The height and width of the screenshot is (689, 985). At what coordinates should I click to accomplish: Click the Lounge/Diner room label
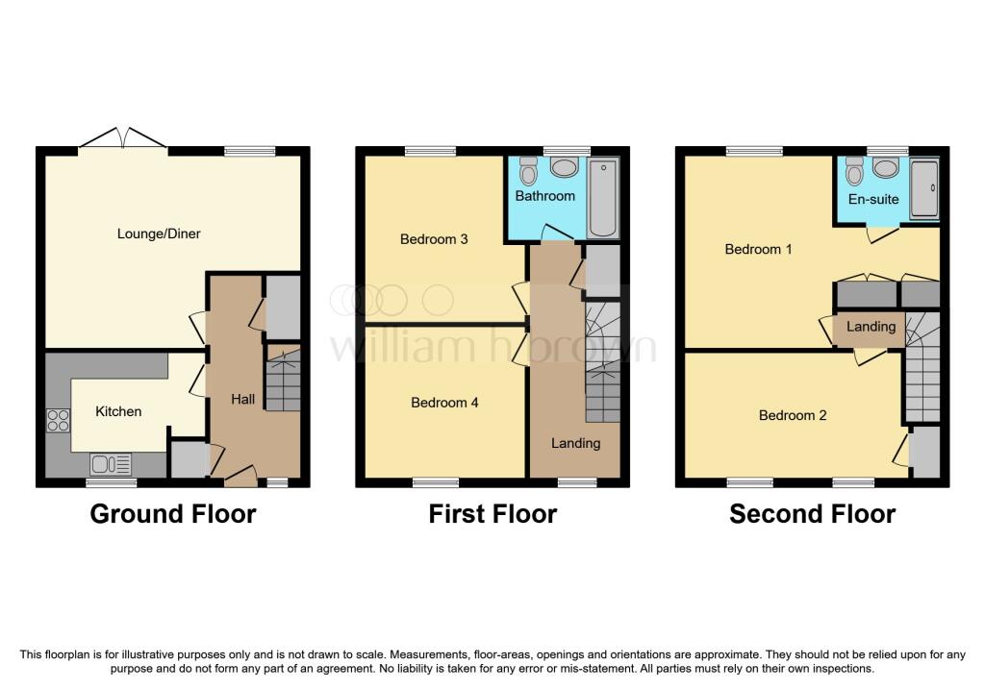tap(159, 234)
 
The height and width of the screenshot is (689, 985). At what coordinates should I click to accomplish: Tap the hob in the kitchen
tap(58, 421)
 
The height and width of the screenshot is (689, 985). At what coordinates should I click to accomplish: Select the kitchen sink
tap(111, 465)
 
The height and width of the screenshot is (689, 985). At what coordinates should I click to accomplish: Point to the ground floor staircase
tap(283, 381)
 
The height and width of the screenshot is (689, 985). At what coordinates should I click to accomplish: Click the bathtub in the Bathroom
tap(604, 199)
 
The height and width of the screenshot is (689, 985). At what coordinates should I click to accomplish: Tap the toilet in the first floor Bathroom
tap(527, 172)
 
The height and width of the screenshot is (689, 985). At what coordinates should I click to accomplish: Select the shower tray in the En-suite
tap(924, 189)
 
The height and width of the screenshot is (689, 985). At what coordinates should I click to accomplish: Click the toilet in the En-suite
tap(853, 172)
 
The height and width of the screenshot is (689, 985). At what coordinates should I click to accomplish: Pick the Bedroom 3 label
tap(434, 238)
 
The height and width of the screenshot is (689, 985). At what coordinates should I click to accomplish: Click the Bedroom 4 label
tap(444, 403)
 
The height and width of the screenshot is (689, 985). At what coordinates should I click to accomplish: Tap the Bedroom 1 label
tap(758, 249)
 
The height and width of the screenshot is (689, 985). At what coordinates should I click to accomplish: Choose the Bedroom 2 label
tap(793, 415)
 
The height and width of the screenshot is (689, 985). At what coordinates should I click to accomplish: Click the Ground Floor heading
tap(173, 514)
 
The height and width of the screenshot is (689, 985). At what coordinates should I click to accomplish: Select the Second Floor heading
tap(812, 514)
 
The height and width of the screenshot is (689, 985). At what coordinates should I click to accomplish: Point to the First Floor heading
tap(492, 514)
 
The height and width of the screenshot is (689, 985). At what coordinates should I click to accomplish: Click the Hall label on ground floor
tap(243, 399)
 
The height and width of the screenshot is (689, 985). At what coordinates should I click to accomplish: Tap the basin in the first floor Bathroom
tap(564, 169)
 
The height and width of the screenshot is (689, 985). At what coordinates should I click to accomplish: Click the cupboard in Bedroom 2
tap(924, 451)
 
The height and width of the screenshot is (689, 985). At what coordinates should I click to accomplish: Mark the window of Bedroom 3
tap(430, 151)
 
